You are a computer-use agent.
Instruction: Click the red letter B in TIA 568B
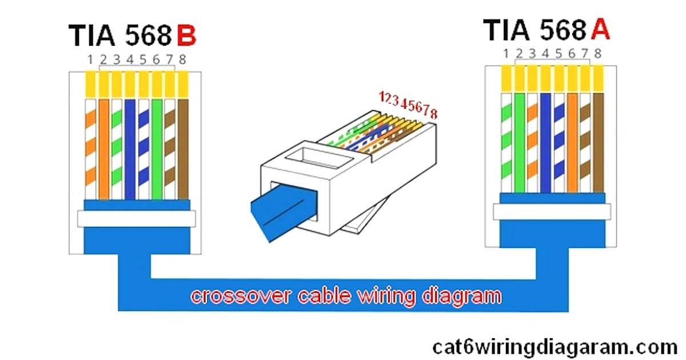(x=186, y=35)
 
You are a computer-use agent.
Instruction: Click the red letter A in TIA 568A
(x=600, y=30)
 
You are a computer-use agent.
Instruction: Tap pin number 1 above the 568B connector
(x=90, y=59)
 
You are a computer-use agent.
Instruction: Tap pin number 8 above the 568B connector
(x=182, y=59)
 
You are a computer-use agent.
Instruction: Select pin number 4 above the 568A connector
(x=545, y=54)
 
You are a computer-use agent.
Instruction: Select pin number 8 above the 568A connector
(x=598, y=54)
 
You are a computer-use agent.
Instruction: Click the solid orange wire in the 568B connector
(x=103, y=149)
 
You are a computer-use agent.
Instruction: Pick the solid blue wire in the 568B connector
(x=130, y=149)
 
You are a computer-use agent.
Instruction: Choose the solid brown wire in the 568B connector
(x=183, y=149)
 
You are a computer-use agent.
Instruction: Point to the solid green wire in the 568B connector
(x=156, y=149)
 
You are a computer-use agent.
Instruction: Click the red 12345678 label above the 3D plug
(x=408, y=105)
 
